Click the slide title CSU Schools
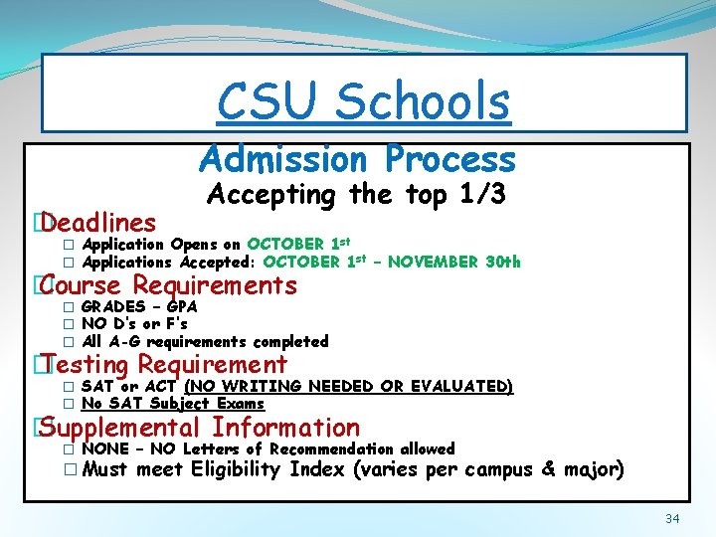point(363,100)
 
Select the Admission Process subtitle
point(357,159)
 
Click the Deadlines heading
point(98,222)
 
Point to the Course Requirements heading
point(169,286)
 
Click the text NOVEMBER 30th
point(453,263)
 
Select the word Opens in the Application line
point(191,245)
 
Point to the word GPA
point(181,306)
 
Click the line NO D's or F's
point(134,323)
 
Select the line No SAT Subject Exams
point(173,403)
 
